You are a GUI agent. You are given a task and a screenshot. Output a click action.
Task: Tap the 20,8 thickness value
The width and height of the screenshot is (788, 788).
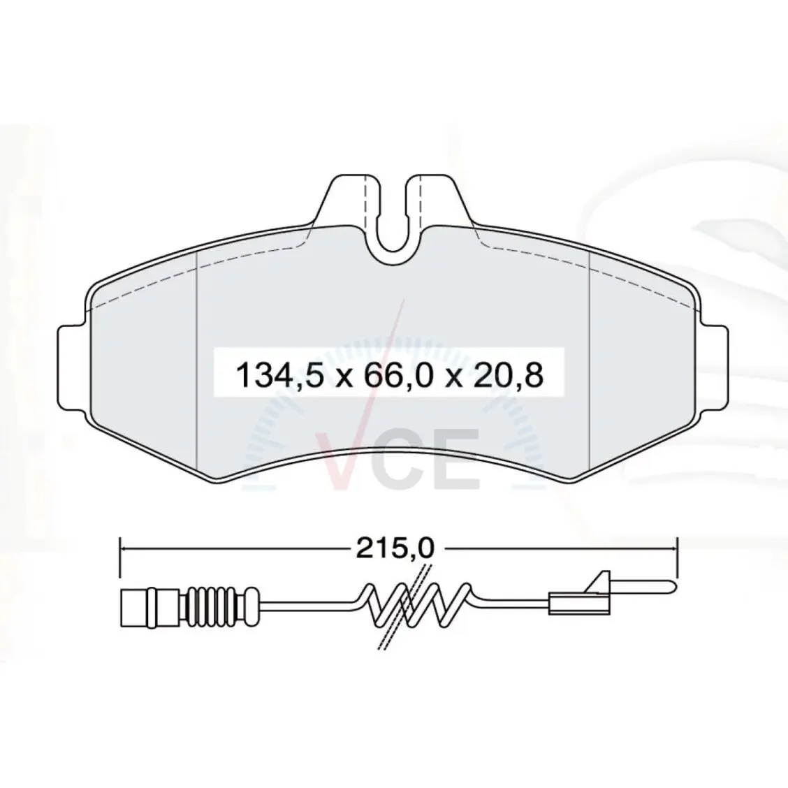(508, 375)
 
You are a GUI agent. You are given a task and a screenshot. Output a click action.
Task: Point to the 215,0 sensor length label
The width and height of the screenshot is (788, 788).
(395, 549)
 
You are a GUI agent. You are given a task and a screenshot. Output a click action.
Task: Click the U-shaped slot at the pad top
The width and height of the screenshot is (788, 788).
(394, 216)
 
